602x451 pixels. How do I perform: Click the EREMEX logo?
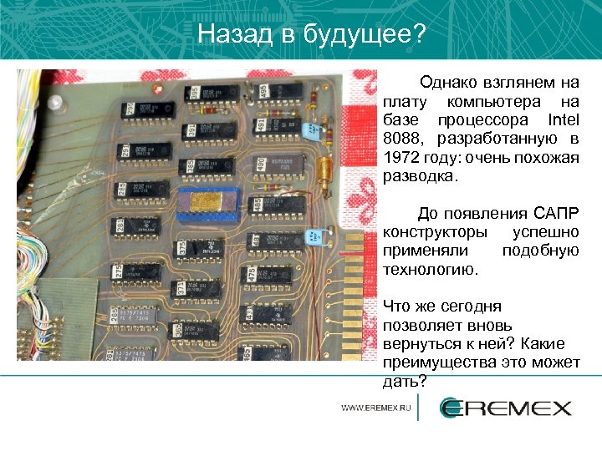click(x=506, y=408)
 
